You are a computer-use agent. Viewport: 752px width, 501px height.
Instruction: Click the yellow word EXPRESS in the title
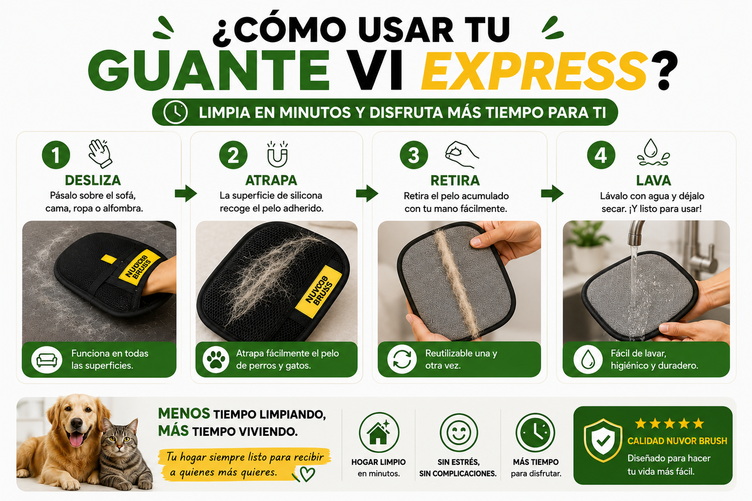534,71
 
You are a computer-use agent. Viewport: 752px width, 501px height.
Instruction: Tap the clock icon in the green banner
175,112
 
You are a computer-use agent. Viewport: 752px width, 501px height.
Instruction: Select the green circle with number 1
56,155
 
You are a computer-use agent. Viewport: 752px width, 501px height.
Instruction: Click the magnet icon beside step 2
277,154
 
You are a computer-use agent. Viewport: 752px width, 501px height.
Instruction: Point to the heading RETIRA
455,180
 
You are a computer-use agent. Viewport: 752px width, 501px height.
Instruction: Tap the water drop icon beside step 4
653,153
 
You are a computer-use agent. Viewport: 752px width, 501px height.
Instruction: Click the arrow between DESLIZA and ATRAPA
185,193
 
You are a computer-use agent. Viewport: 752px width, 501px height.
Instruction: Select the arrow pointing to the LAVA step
552,193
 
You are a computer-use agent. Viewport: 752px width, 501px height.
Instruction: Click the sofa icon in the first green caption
47,360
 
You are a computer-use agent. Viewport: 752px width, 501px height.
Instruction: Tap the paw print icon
216,360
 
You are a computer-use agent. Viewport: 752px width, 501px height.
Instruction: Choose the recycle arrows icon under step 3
402,359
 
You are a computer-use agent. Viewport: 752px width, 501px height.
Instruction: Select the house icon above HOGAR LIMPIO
379,432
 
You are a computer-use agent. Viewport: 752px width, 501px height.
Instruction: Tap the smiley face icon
459,432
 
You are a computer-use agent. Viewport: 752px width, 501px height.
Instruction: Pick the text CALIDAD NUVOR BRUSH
677,440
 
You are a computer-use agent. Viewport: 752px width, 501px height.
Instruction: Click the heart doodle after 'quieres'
307,474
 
